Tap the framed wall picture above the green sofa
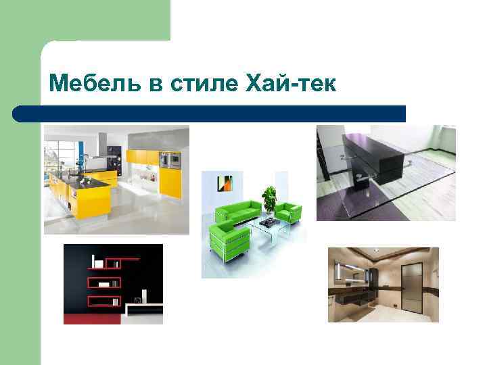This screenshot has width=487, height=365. point(225,182)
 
